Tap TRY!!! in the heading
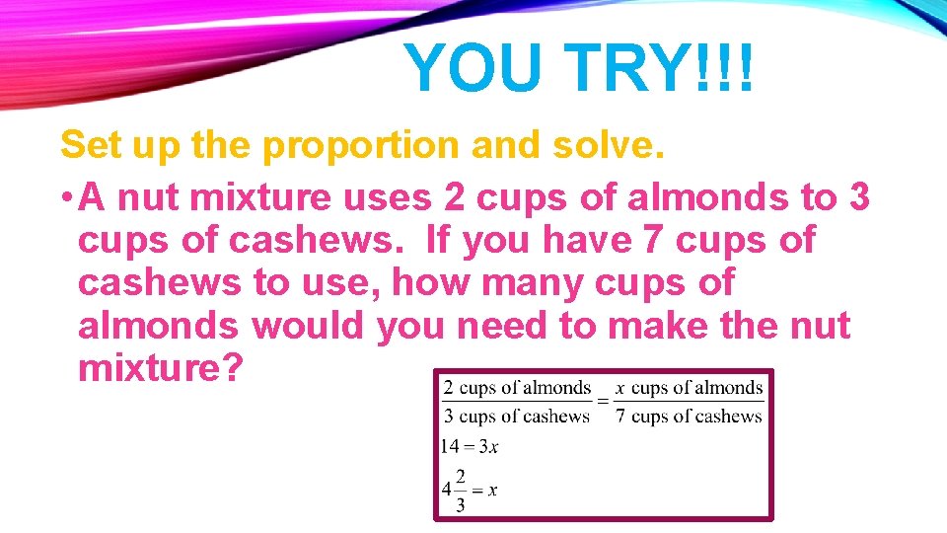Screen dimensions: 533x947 click(x=663, y=69)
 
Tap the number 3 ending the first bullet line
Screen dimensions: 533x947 click(x=858, y=197)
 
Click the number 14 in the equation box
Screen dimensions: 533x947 click(x=451, y=446)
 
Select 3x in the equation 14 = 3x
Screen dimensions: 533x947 click(x=488, y=446)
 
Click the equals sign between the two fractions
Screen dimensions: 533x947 click(x=603, y=401)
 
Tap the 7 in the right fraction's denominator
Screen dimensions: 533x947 click(x=619, y=416)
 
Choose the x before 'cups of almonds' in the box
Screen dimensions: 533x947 click(x=619, y=388)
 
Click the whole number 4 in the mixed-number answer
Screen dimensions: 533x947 click(x=447, y=489)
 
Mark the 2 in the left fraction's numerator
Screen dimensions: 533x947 click(x=449, y=388)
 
